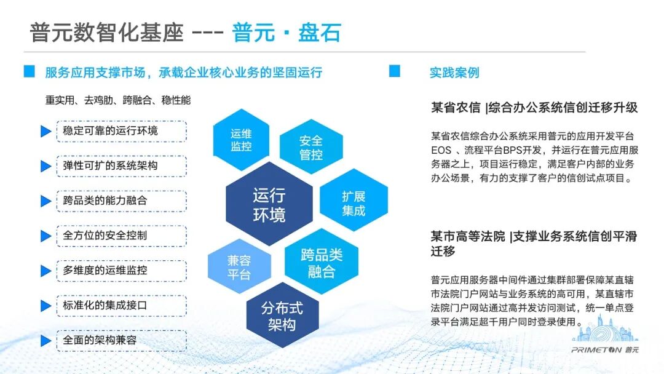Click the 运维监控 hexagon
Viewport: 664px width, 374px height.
tap(241, 140)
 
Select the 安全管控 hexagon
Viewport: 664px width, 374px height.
tap(311, 147)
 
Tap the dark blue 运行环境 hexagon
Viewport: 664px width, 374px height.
tap(269, 204)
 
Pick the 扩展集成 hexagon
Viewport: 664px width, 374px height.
tap(354, 199)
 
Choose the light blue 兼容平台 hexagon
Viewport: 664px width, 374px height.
tap(239, 266)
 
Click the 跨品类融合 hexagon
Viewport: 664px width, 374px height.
tap(322, 262)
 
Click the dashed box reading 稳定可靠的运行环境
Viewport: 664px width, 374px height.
tap(122, 131)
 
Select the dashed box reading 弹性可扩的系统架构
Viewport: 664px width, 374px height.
tap(122, 165)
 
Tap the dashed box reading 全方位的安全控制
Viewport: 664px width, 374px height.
tap(122, 236)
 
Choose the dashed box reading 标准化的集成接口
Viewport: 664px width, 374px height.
tap(122, 305)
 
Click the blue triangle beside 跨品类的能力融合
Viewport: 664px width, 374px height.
tap(45, 201)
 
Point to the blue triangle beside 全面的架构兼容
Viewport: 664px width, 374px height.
tap(45, 341)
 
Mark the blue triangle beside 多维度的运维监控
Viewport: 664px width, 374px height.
tap(45, 271)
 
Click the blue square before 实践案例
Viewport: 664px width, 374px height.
tap(395, 71)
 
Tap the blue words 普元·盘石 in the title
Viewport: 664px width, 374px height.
tap(287, 33)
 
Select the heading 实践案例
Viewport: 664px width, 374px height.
tap(454, 73)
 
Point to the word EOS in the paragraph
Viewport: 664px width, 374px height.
tap(441, 150)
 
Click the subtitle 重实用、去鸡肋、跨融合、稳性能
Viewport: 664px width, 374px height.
tap(117, 100)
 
